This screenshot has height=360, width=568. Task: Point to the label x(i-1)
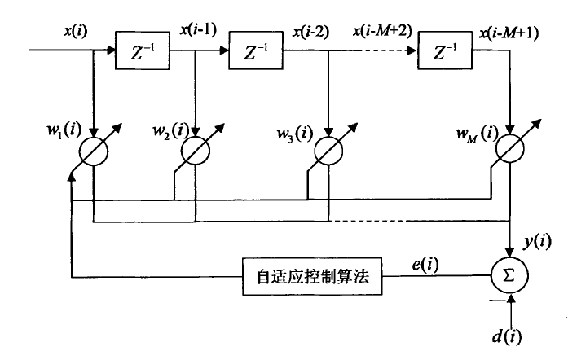pos(196,31)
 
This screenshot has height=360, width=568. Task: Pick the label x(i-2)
pos(310,31)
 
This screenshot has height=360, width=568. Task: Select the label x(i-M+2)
pos(381,31)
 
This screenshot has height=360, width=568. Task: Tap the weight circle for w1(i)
pos(94,154)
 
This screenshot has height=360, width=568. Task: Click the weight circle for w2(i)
pos(196,154)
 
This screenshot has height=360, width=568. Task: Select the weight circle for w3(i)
pos(328,154)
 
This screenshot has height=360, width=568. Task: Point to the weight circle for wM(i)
pos(509,154)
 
